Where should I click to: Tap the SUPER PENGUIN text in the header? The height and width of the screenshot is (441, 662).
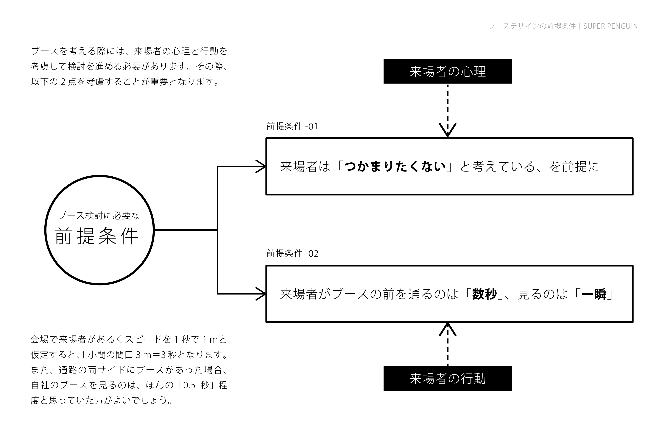(x=610, y=26)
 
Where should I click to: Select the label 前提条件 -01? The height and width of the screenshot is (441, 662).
(x=292, y=126)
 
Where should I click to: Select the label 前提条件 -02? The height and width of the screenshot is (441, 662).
(x=292, y=253)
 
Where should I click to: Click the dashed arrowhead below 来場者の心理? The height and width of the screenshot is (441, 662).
(x=448, y=130)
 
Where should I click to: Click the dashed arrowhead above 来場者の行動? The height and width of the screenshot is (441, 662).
(x=448, y=330)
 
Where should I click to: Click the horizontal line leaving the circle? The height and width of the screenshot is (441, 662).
(x=186, y=230)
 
